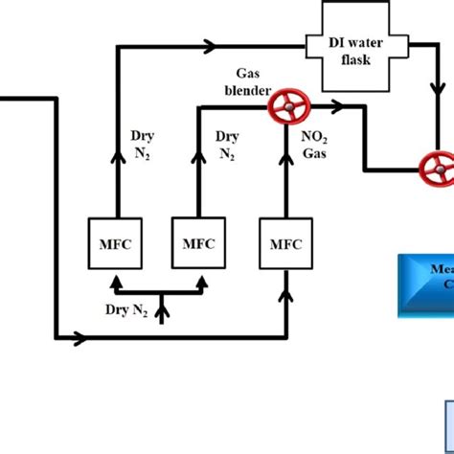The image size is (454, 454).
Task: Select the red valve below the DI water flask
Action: pyautogui.click(x=438, y=170)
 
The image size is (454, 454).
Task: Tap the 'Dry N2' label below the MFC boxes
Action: pyautogui.click(x=126, y=308)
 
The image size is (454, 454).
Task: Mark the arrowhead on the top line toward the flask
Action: pyautogui.click(x=210, y=45)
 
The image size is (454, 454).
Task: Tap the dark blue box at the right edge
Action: pyautogui.click(x=427, y=284)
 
